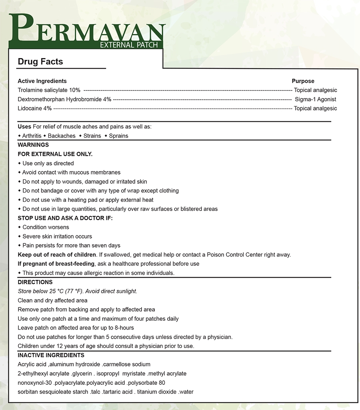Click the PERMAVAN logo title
(x=87, y=30)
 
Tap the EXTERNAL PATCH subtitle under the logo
(x=129, y=45)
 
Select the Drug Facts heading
(x=40, y=62)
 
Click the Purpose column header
(x=303, y=81)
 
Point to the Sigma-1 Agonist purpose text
(x=315, y=99)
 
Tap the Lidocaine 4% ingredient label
(x=35, y=109)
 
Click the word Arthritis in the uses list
(x=32, y=136)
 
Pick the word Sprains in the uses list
(x=118, y=136)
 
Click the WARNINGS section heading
(x=33, y=145)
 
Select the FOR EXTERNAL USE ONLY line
(x=55, y=154)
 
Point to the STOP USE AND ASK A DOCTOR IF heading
(x=65, y=218)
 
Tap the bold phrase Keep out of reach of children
(x=57, y=255)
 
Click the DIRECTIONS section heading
(x=35, y=282)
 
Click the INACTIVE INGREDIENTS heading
(x=51, y=355)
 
